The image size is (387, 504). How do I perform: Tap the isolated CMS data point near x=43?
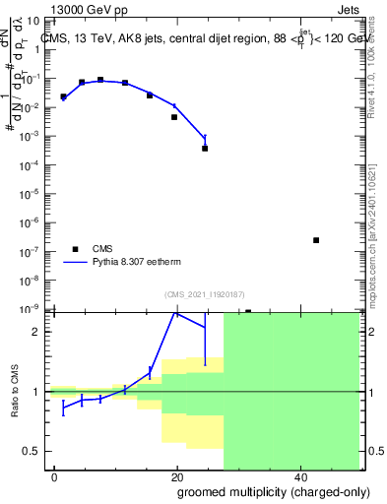click(x=316, y=240)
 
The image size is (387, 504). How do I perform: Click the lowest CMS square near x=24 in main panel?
click(x=205, y=149)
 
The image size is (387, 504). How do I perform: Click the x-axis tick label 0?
click(x=54, y=477)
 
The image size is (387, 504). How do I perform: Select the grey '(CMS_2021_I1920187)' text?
click(x=205, y=293)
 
